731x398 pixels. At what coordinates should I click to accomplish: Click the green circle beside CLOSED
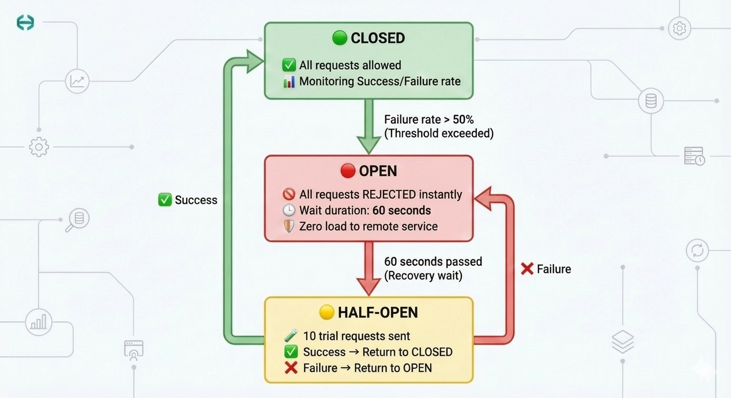340,38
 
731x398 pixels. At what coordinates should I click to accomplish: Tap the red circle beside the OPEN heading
347,171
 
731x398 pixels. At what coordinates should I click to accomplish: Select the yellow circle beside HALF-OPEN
327,312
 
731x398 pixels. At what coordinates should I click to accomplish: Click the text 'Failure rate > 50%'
429,120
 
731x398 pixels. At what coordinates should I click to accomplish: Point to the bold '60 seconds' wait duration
402,211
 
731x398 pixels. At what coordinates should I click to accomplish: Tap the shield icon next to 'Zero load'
289,227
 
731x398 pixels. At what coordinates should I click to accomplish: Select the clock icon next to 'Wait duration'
289,211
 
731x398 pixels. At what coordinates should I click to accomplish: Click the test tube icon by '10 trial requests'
290,336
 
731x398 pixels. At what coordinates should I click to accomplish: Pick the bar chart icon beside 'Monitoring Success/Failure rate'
289,82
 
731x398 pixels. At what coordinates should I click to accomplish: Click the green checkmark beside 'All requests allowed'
289,65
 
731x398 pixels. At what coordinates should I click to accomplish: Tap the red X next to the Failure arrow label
527,269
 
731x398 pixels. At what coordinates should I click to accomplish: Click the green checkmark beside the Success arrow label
165,200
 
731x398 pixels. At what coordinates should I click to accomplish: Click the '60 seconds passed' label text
433,261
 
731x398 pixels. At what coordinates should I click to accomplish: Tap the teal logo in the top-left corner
25,22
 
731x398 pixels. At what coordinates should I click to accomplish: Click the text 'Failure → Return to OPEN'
367,368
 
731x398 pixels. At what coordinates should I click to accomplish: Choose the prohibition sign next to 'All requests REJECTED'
289,195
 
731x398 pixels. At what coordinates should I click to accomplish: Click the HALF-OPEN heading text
378,312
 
